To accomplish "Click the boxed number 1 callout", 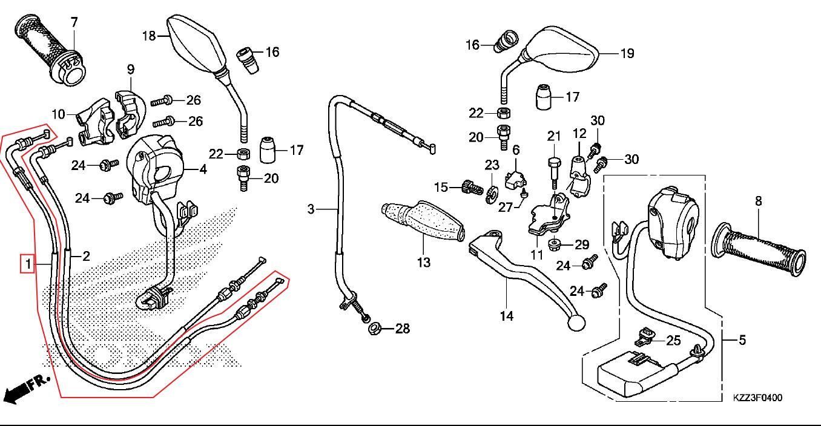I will (25, 264).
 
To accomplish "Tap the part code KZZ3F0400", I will (757, 398).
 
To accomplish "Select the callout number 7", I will (74, 22).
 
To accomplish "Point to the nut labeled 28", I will (374, 330).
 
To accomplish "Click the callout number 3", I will (311, 209).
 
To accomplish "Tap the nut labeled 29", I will (555, 244).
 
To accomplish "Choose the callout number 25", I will (673, 341).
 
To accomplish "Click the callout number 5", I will (742, 340).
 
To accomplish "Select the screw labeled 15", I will (467, 186).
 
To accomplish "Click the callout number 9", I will (131, 70).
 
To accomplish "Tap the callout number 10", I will (58, 114).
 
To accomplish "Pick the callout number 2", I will (86, 256).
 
